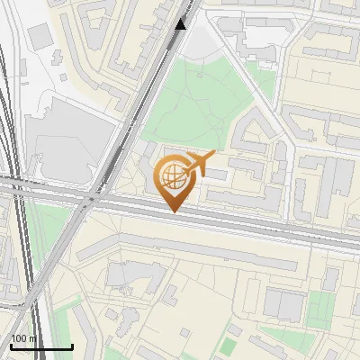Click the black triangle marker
(181, 23)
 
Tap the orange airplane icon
(200, 164)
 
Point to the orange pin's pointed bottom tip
(173, 211)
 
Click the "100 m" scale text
(23, 338)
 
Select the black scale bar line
(41, 347)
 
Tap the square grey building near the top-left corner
(40, 37)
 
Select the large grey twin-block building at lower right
(284, 303)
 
